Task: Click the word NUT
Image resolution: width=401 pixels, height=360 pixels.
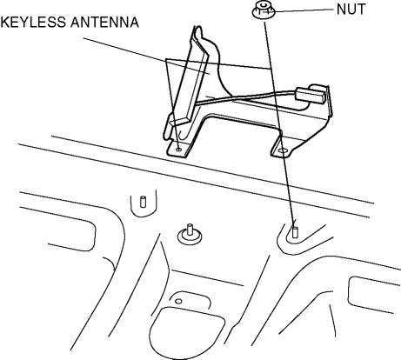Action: [351, 10]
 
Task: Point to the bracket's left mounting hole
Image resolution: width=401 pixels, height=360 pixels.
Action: [179, 150]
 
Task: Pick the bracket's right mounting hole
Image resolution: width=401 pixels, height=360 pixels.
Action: [283, 151]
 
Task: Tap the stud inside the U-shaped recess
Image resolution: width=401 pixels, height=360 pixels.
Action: [143, 202]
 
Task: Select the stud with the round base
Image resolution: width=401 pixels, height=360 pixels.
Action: [190, 233]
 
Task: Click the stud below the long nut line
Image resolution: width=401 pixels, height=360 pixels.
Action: [295, 232]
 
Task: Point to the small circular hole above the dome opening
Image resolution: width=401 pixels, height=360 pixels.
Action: [179, 302]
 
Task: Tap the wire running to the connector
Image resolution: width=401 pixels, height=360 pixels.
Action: [246, 97]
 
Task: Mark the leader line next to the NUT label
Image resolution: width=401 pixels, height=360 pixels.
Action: [302, 10]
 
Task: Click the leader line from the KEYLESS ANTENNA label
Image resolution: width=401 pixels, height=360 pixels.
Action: [177, 53]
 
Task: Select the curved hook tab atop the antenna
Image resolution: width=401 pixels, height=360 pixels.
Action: [204, 37]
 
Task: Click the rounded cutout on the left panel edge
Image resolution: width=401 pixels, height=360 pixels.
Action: [72, 232]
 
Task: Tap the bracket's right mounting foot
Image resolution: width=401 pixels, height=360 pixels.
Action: [281, 148]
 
